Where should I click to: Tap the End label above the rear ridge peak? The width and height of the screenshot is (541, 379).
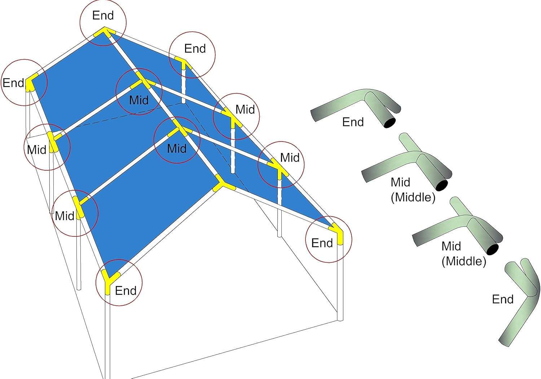(x=103, y=16)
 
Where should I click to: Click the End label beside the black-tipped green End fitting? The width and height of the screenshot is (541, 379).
(x=353, y=122)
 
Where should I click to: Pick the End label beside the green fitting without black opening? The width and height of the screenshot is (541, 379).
(x=503, y=299)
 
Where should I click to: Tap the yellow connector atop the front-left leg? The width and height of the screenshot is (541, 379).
(x=109, y=280)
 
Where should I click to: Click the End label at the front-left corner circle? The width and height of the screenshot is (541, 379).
(x=126, y=291)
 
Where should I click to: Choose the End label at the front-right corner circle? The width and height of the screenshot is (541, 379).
(x=322, y=243)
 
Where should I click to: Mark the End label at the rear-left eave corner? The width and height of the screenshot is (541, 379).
(x=13, y=83)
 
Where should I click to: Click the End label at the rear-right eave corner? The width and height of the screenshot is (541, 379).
(x=195, y=49)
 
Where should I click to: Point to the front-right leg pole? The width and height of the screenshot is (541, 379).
(x=340, y=283)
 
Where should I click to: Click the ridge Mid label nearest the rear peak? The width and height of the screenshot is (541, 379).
(x=139, y=100)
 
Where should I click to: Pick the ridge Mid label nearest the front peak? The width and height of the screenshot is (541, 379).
(x=177, y=148)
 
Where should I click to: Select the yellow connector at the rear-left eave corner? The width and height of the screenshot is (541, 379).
(x=30, y=82)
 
